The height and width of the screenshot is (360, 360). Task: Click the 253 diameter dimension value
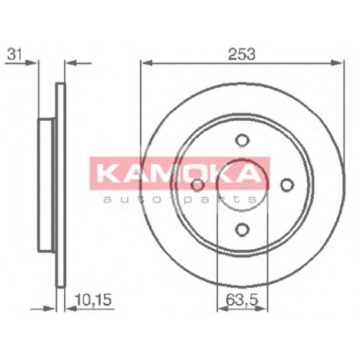(242, 54)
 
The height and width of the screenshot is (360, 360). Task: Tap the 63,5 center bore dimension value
(242, 300)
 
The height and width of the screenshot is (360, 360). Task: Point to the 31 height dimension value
(14, 55)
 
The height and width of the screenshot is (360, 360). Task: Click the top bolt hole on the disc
(242, 140)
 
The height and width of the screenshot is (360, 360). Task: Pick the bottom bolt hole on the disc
(242, 229)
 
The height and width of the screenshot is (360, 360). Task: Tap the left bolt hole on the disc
(198, 185)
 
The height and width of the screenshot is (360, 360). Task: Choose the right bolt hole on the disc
(287, 185)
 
